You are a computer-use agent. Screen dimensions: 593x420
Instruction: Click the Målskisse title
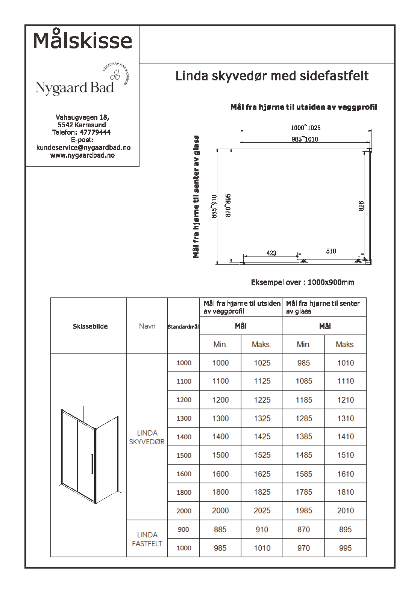(83, 40)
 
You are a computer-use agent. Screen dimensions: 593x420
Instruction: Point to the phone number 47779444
(95, 132)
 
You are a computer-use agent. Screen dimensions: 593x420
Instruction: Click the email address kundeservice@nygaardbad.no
(83, 148)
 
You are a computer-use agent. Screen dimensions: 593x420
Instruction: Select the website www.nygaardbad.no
(82, 155)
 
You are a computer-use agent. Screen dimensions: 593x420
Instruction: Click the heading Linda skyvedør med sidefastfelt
(272, 76)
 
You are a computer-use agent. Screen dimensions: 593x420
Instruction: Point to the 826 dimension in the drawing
(361, 206)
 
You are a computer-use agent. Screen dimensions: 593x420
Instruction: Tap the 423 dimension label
(271, 253)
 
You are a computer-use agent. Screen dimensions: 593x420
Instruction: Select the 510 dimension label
(331, 251)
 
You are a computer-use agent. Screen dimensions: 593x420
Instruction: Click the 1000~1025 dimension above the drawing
(306, 128)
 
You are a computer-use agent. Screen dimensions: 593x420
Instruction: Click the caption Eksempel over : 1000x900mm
(302, 282)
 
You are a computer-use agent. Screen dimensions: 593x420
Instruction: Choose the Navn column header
(147, 326)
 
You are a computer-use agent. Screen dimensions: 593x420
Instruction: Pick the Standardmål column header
(183, 327)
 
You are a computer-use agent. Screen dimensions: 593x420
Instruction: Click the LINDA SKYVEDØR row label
(147, 438)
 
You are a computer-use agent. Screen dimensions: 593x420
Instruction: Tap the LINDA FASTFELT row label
(147, 539)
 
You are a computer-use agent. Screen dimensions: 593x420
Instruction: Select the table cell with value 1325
(262, 418)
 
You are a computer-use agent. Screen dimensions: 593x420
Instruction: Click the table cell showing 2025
(262, 511)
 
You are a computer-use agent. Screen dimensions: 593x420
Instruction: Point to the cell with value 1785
(304, 492)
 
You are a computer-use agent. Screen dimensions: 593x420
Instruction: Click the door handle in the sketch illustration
(91, 465)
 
